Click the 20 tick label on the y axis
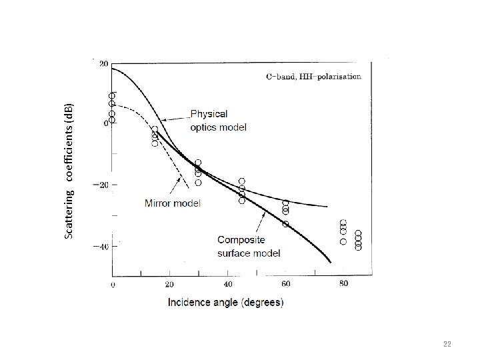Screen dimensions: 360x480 coord(104,64)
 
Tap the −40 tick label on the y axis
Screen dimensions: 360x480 coord(101,247)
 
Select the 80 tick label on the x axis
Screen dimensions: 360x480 coord(343,285)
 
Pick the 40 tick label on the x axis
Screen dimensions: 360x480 coord(228,285)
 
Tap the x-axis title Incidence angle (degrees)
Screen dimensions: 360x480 coord(225,302)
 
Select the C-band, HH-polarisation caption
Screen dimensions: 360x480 coord(313,77)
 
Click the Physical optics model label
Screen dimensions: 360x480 coord(218,120)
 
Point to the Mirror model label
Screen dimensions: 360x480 coord(172,203)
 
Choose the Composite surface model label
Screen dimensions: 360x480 coord(249,246)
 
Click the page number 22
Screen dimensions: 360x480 coord(447,344)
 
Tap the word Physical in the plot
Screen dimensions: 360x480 coord(209,114)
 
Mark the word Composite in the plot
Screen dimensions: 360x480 coord(241,240)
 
